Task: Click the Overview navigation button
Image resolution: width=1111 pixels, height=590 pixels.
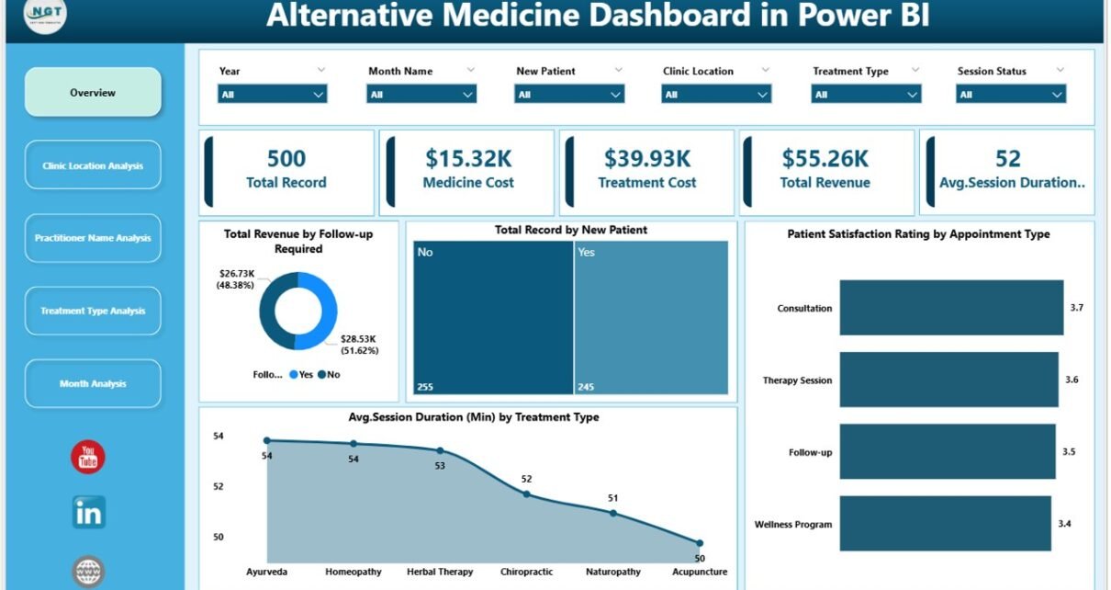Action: point(93,92)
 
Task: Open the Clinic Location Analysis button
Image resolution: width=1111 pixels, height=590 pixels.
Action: point(93,165)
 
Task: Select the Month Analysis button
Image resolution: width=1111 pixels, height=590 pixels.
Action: point(93,383)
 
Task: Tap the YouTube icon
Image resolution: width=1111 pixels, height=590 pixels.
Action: point(88,457)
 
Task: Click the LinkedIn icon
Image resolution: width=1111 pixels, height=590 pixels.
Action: point(89,513)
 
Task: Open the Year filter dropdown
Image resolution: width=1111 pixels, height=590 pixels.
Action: point(273,94)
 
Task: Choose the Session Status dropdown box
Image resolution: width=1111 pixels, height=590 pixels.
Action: point(1011,94)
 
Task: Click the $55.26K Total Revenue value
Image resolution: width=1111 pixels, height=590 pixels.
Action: point(824,159)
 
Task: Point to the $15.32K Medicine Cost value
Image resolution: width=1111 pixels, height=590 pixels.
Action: point(467,159)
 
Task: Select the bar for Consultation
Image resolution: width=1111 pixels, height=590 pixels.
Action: point(950,308)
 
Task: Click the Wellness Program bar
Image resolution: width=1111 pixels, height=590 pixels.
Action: point(945,524)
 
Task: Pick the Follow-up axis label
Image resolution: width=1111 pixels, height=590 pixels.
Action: point(810,452)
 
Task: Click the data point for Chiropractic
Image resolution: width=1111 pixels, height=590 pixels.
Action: point(526,494)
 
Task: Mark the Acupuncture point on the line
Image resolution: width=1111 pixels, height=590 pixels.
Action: point(700,543)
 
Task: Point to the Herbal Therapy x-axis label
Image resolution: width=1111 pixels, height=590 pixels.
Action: point(440,572)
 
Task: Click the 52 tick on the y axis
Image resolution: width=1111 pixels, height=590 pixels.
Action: point(219,486)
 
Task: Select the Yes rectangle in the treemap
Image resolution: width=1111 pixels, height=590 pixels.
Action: point(651,317)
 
